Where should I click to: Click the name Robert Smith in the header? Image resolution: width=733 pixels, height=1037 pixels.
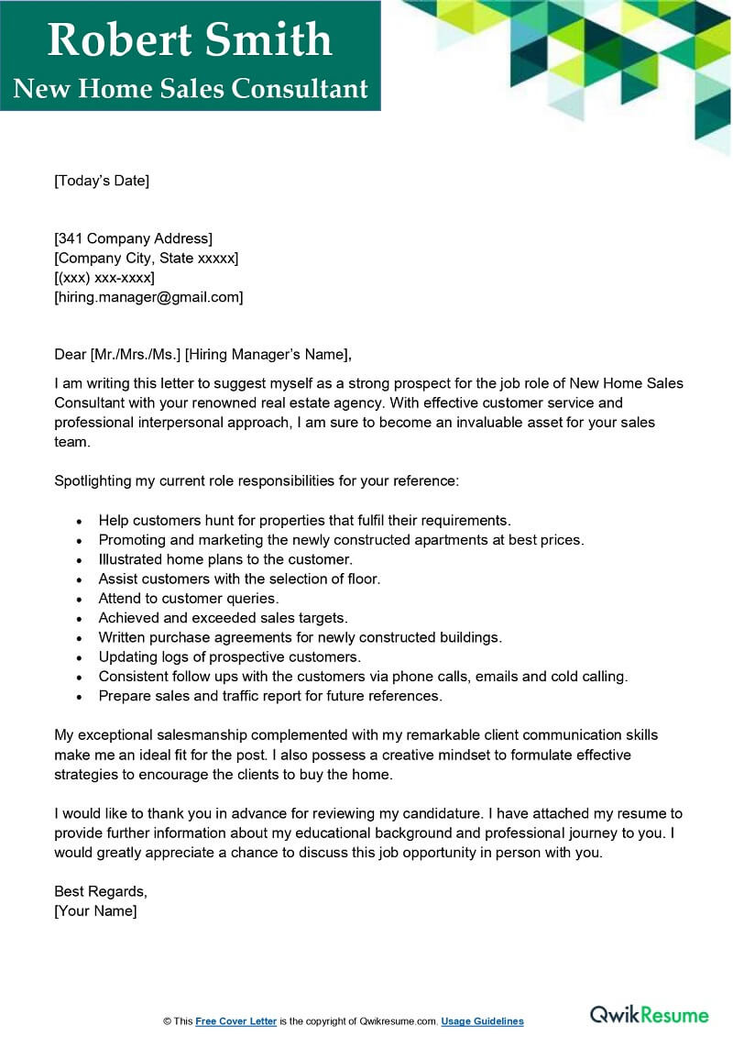click(x=190, y=39)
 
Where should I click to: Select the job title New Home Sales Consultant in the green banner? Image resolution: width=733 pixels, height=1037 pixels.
click(x=191, y=88)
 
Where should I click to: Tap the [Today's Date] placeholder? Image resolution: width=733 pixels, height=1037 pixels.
click(x=101, y=181)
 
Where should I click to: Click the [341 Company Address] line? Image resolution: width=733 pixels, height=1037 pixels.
click(x=133, y=239)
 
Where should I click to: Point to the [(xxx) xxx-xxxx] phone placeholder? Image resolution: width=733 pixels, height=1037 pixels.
click(x=104, y=278)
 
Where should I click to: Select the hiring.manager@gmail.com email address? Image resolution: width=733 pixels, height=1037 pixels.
click(x=148, y=297)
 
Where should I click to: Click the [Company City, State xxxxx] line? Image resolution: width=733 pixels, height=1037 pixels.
click(x=146, y=259)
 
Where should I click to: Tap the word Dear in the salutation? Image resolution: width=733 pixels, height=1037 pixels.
click(x=70, y=355)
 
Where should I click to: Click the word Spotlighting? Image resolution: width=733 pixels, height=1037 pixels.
click(x=96, y=480)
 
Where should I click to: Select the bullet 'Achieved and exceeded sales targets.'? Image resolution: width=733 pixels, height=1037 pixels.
click(x=223, y=618)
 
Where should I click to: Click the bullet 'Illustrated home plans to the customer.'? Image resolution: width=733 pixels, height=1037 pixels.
click(x=224, y=559)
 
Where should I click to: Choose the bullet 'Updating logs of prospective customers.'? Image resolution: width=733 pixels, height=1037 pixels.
click(x=230, y=656)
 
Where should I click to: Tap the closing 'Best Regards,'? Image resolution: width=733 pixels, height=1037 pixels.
click(x=100, y=891)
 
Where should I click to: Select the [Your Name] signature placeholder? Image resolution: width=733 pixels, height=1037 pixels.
click(x=95, y=910)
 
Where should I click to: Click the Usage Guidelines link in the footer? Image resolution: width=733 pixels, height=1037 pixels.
click(x=482, y=1021)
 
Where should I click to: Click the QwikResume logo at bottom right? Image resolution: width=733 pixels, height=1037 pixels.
click(x=649, y=1014)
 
